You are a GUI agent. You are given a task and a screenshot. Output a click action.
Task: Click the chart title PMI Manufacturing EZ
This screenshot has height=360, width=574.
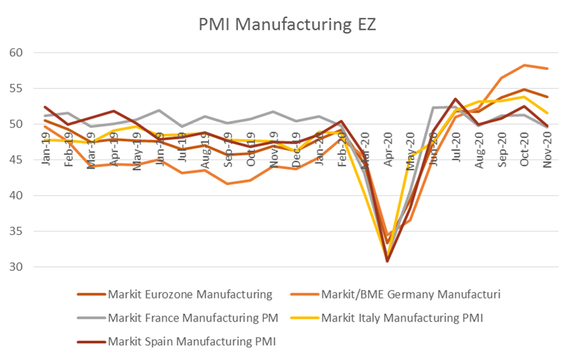pyautogui.click(x=287, y=25)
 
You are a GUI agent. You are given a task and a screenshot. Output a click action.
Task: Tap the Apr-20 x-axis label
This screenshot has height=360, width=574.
pyautogui.click(x=387, y=152)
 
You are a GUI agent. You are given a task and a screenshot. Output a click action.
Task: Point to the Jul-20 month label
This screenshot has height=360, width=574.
pyautogui.click(x=456, y=152)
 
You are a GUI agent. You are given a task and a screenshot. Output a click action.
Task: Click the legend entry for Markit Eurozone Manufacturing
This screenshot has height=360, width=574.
pyautogui.click(x=190, y=294)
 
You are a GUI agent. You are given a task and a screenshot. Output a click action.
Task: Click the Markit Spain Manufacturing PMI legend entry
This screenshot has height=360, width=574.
pyautogui.click(x=192, y=341)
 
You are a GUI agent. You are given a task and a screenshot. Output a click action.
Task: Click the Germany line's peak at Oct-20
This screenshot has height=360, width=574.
pyautogui.click(x=524, y=65)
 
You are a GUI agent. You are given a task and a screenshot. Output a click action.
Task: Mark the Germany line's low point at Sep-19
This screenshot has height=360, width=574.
pyautogui.click(x=228, y=183)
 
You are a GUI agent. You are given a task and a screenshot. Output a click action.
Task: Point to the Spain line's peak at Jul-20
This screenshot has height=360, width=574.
pyautogui.click(x=456, y=99)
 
